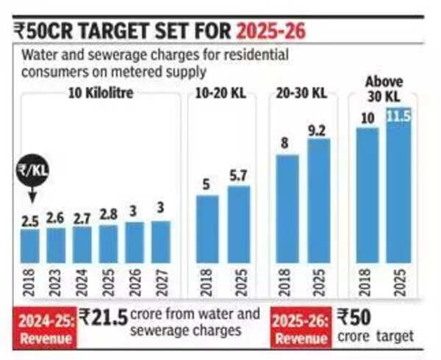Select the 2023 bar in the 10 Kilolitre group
click(56, 245)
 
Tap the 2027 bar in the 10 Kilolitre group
click(161, 242)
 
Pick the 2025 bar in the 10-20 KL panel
click(239, 224)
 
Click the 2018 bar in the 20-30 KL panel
click(288, 209)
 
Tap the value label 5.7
click(239, 176)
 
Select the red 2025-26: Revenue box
click(300, 328)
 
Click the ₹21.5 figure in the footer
click(104, 318)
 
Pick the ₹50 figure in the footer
click(355, 318)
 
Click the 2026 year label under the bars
click(135, 283)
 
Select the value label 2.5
click(30, 220)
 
